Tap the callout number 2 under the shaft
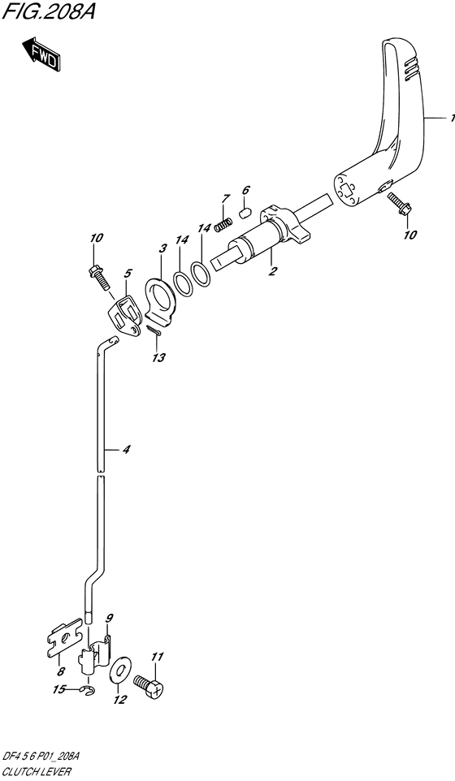[x=273, y=271]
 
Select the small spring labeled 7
[x=223, y=225]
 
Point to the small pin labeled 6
[x=244, y=214]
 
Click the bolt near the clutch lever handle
[x=400, y=205]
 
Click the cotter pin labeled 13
[x=155, y=331]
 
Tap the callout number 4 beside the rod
[x=127, y=450]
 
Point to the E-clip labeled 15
[x=89, y=689]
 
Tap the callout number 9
[x=110, y=619]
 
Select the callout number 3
[x=162, y=248]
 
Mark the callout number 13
[x=159, y=358]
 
